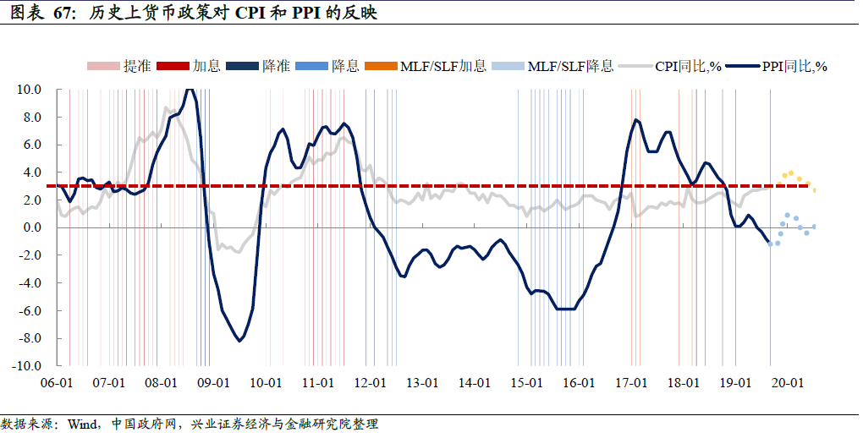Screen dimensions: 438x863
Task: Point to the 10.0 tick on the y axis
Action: pyautogui.click(x=30, y=89)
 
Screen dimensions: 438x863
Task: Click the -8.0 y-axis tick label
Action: pyautogui.click(x=30, y=339)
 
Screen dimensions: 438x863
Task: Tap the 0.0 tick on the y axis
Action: pyautogui.click(x=31, y=227)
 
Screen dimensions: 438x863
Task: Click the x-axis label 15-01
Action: pyautogui.click(x=525, y=383)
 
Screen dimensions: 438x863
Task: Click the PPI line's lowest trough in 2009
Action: pyautogui.click(x=240, y=340)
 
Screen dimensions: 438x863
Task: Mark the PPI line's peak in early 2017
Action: pyautogui.click(x=635, y=120)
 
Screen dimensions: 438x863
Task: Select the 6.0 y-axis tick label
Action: pyautogui.click(x=31, y=145)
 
